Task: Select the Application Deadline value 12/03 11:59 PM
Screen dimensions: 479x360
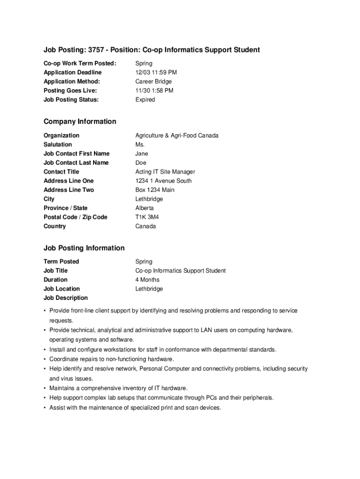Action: pos(156,73)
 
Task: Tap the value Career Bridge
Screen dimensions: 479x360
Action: pos(154,81)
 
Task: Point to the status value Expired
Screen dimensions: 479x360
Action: pos(145,100)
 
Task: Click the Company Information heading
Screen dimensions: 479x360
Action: pos(80,122)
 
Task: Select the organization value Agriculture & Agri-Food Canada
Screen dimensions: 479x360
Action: pos(177,136)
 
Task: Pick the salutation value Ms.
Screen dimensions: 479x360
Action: pos(140,145)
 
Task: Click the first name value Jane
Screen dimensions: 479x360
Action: pos(142,153)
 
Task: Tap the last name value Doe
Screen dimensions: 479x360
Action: pos(141,163)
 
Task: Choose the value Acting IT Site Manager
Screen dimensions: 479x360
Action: pos(165,172)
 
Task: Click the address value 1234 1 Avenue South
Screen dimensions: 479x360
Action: pos(164,181)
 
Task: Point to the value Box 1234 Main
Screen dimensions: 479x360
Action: pos(155,190)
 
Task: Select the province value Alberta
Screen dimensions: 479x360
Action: pos(144,208)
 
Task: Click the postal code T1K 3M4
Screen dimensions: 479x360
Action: pos(147,217)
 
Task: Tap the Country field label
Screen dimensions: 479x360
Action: pos(55,226)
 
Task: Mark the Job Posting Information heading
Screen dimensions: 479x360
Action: pos(84,248)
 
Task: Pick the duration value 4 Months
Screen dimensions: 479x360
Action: pos(147,280)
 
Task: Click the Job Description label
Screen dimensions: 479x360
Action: pos(65,298)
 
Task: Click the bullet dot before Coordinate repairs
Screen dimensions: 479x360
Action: pos(44,359)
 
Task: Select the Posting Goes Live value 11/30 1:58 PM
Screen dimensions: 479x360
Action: pos(154,91)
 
